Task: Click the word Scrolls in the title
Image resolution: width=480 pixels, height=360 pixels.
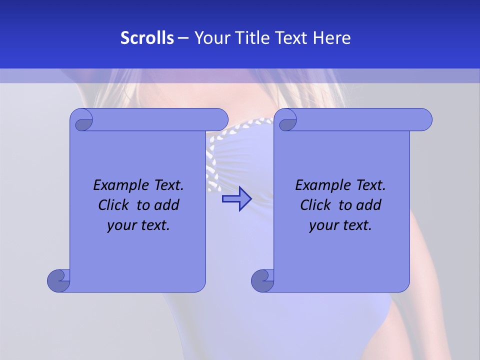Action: click(147, 38)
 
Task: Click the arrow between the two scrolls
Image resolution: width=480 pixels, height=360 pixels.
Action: click(236, 199)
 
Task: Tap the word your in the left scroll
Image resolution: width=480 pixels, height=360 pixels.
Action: click(120, 225)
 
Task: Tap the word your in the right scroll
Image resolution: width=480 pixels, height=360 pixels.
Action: click(322, 225)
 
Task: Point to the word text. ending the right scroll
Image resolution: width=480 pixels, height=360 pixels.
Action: click(356, 225)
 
